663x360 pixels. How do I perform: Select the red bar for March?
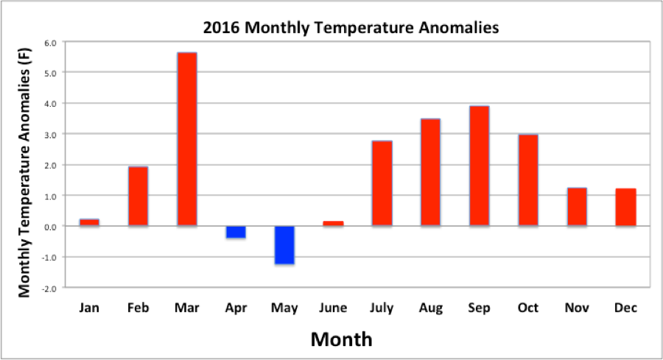[186, 139]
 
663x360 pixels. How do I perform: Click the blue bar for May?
[284, 245]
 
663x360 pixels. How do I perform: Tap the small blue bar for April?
[236, 233]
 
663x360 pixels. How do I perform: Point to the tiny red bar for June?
[333, 223]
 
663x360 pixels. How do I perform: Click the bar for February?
[138, 197]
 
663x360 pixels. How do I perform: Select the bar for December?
[625, 208]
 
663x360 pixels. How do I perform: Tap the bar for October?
[527, 180]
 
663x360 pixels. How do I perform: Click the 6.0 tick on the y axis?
[49, 43]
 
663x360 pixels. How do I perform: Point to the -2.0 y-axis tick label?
[49, 288]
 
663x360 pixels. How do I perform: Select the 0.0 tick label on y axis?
[49, 227]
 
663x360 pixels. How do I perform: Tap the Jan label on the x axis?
[89, 308]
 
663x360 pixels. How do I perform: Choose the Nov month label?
[577, 308]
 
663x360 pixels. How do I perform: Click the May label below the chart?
[284, 308]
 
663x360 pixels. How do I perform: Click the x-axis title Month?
[341, 339]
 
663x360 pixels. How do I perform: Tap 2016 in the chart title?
[221, 29]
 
